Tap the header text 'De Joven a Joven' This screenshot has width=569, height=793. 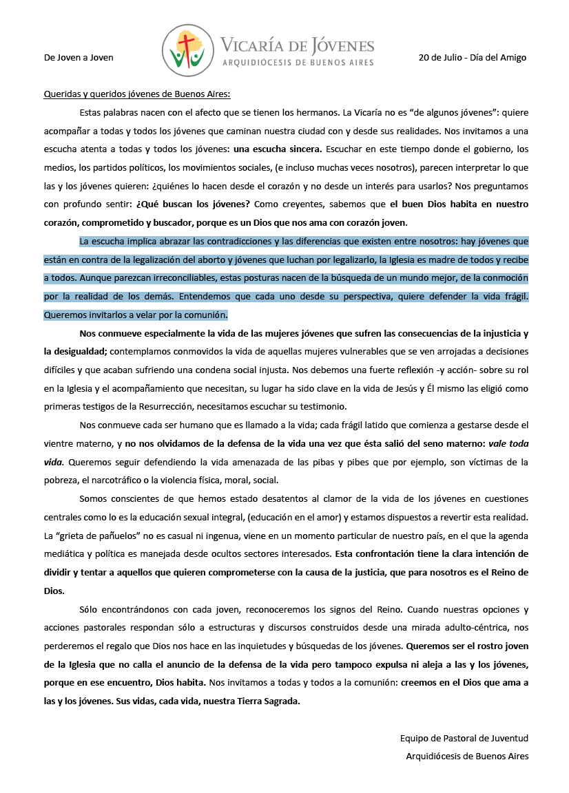point(79,58)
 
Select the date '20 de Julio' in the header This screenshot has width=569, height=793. point(441,58)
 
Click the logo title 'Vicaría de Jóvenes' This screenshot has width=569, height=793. point(297,46)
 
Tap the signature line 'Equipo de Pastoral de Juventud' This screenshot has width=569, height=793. point(464,739)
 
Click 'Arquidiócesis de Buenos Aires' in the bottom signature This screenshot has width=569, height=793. point(467,757)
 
